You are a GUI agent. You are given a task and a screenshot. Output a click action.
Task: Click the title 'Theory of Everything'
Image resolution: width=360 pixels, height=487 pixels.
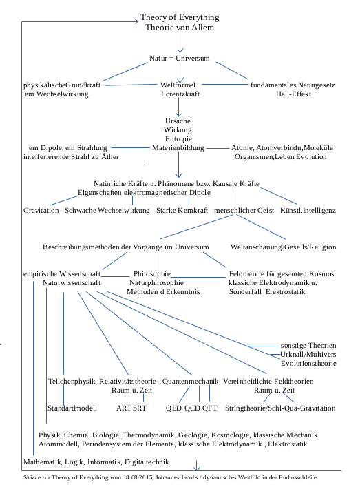(180, 17)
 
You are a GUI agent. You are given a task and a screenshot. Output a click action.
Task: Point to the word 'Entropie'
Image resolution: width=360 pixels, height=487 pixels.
(179, 138)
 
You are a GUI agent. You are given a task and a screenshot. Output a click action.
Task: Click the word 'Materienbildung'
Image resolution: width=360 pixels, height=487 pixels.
(179, 147)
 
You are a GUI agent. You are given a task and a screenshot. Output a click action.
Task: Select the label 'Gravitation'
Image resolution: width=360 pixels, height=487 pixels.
(41, 209)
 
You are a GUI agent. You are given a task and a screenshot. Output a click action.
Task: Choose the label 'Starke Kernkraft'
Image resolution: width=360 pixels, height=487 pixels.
(182, 209)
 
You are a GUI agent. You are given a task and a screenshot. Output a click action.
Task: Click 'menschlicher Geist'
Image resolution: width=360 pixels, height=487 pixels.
(244, 209)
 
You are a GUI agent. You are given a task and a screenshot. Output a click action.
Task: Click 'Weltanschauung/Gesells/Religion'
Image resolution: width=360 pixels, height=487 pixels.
(284, 246)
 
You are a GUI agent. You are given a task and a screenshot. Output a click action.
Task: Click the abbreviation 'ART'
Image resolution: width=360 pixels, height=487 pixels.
(124, 408)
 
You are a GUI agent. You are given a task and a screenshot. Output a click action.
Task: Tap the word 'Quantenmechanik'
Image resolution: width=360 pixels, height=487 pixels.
(190, 381)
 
